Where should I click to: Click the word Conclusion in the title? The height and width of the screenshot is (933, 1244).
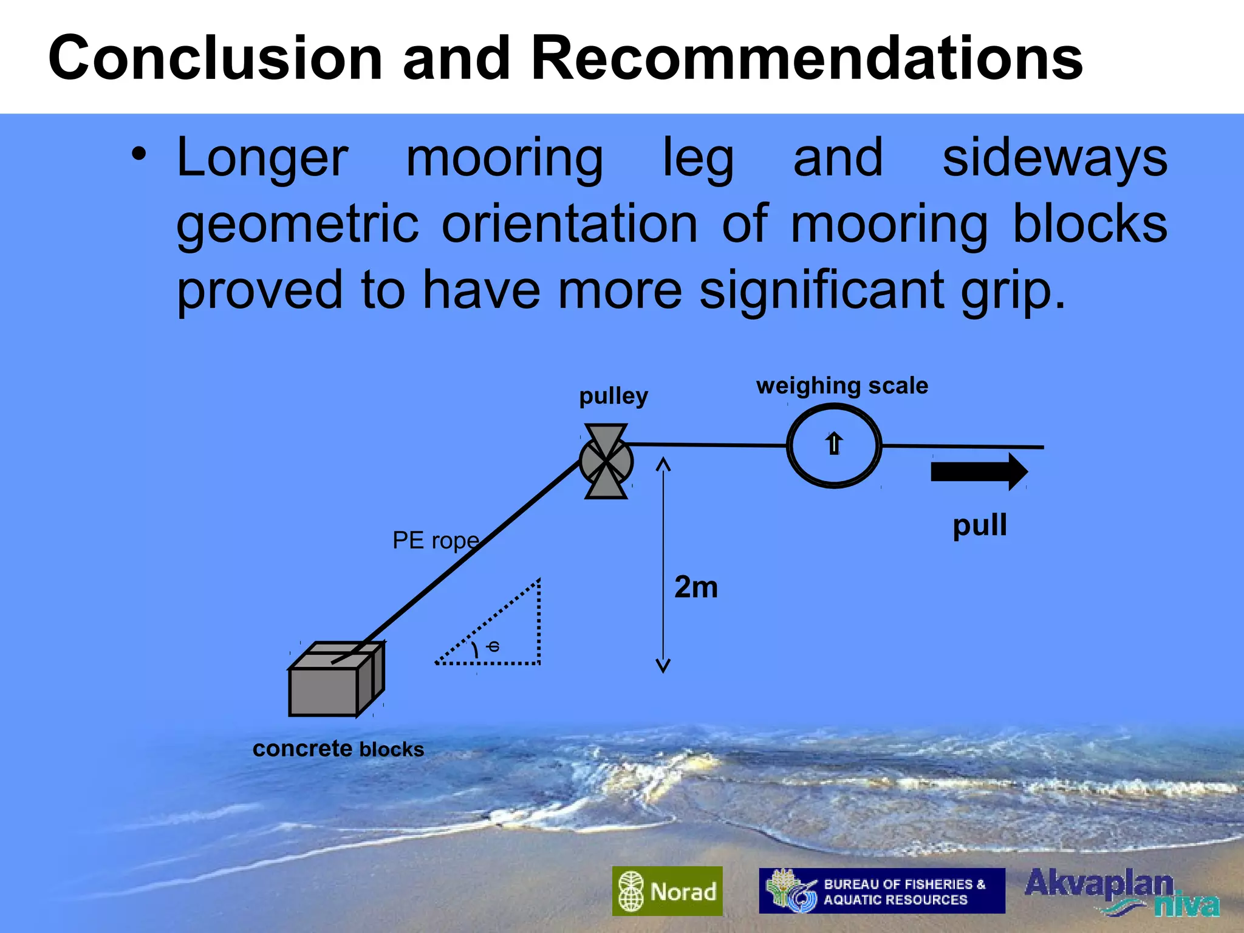(216, 58)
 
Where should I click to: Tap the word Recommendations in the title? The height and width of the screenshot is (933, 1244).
(807, 58)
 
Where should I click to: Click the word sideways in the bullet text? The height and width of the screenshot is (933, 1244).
(1054, 158)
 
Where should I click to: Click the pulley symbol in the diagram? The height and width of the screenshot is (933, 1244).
(606, 462)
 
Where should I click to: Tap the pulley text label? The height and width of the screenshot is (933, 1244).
(613, 396)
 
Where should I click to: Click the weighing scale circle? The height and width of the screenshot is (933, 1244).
(834, 445)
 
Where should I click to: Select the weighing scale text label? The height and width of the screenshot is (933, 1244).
(842, 386)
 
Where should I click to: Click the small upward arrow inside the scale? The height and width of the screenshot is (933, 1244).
(834, 443)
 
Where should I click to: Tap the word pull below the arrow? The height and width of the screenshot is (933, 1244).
(979, 525)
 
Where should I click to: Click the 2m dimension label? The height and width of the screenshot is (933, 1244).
(696, 587)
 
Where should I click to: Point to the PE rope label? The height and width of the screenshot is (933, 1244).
(436, 540)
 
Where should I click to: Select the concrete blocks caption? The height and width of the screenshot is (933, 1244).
(338, 749)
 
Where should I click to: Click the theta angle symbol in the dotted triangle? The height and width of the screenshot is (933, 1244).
(493, 646)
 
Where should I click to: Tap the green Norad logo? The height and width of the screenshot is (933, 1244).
(667, 891)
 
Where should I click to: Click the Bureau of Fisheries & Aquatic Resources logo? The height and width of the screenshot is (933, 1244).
(881, 891)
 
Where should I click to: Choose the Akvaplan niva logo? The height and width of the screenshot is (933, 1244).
(1121, 891)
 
